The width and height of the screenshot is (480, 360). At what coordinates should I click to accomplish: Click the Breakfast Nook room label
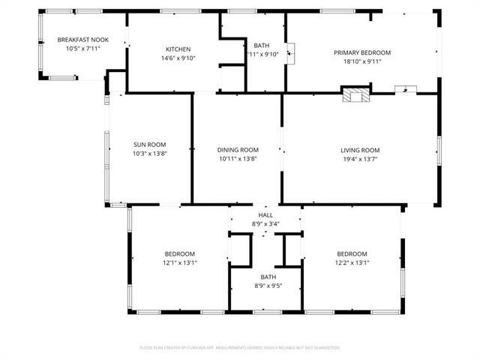pyautogui.click(x=82, y=40)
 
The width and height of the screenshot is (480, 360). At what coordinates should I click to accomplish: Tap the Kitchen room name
pyautogui.click(x=178, y=49)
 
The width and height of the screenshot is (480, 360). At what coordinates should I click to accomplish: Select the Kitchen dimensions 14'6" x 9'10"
pyautogui.click(x=178, y=58)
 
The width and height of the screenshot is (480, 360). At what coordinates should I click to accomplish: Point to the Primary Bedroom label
pyautogui.click(x=362, y=52)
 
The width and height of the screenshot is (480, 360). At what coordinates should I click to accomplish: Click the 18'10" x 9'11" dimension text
pyautogui.click(x=362, y=62)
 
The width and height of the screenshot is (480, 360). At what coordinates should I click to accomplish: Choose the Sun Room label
pyautogui.click(x=149, y=145)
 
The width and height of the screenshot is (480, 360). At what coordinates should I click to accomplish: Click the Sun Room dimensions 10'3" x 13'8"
pyautogui.click(x=149, y=154)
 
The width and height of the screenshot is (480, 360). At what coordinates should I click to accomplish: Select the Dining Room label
pyautogui.click(x=238, y=149)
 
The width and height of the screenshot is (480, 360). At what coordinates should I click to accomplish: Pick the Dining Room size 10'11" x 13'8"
pyautogui.click(x=238, y=159)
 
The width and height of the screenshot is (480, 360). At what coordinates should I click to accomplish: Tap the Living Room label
pyautogui.click(x=360, y=149)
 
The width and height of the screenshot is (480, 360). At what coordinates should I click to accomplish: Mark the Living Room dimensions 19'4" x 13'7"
pyautogui.click(x=360, y=159)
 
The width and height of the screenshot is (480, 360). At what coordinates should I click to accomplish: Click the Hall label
pyautogui.click(x=266, y=215)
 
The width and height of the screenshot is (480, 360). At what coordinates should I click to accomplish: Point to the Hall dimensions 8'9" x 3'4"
pyautogui.click(x=266, y=223)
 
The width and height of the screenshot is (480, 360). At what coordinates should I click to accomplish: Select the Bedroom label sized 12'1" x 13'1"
pyautogui.click(x=179, y=253)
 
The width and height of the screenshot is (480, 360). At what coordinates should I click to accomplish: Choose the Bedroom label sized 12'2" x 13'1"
pyautogui.click(x=352, y=253)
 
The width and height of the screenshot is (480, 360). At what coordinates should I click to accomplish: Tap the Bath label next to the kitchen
pyautogui.click(x=262, y=45)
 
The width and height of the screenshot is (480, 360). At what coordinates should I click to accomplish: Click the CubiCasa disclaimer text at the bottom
pyautogui.click(x=240, y=348)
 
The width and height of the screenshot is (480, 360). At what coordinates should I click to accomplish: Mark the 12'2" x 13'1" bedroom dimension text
pyautogui.click(x=352, y=262)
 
